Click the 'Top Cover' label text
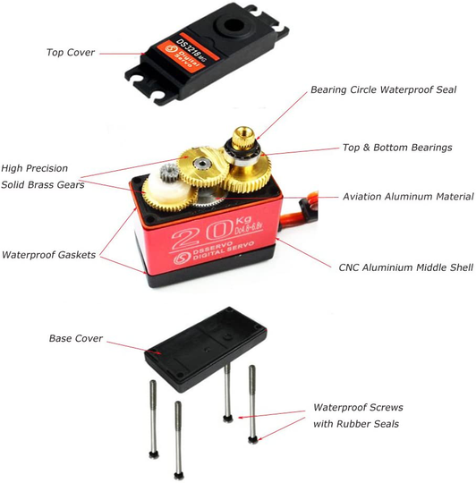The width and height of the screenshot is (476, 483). pos(72,52)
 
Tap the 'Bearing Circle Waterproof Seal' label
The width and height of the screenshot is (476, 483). pos(383,89)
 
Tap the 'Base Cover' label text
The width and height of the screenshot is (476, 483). pos(76,339)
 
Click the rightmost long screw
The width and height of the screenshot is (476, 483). pos(252,402)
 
